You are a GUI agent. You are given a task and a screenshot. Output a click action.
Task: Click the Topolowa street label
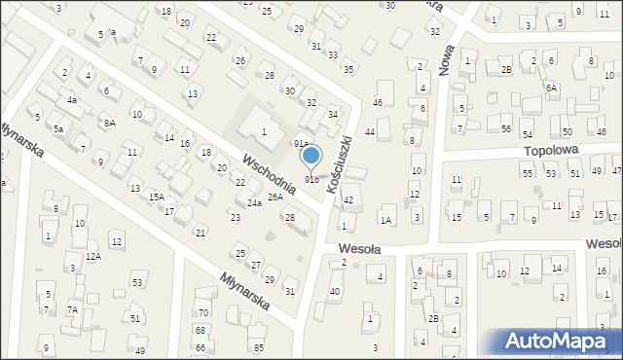551,151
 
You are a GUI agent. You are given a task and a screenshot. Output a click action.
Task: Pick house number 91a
302,144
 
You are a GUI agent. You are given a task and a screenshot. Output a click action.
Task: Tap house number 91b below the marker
311,179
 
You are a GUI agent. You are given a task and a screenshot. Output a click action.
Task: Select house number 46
377,102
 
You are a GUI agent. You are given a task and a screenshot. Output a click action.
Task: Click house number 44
370,131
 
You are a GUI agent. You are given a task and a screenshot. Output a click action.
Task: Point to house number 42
348,199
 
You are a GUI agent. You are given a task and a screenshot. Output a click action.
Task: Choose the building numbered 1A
386,221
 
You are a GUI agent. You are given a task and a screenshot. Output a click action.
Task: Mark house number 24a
254,202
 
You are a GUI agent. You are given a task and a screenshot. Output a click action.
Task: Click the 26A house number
275,197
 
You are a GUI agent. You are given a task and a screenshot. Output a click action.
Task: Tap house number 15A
156,197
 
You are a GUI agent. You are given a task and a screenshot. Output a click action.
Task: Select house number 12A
92,256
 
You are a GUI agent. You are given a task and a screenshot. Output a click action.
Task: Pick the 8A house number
110,123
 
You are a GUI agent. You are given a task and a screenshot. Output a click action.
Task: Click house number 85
258,347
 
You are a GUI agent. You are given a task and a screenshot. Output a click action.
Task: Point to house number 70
202,312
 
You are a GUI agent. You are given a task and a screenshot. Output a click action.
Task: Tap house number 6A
551,88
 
